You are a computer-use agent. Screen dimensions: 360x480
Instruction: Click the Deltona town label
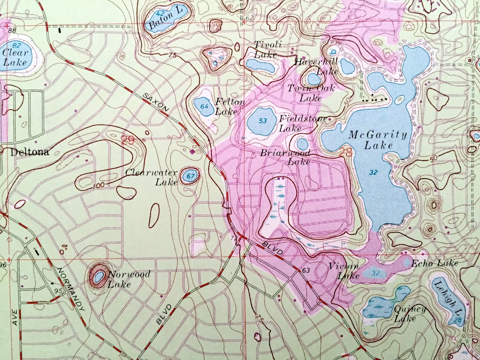29,152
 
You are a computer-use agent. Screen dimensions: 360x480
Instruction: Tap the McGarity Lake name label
378,140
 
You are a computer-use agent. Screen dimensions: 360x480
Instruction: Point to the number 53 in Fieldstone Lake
263,121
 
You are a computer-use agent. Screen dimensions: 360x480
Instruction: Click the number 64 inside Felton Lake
204,107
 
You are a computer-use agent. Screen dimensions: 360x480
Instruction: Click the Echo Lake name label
435,264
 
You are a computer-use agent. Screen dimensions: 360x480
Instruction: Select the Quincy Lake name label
410,313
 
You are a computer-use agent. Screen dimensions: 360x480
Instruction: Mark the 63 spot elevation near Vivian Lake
306,270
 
